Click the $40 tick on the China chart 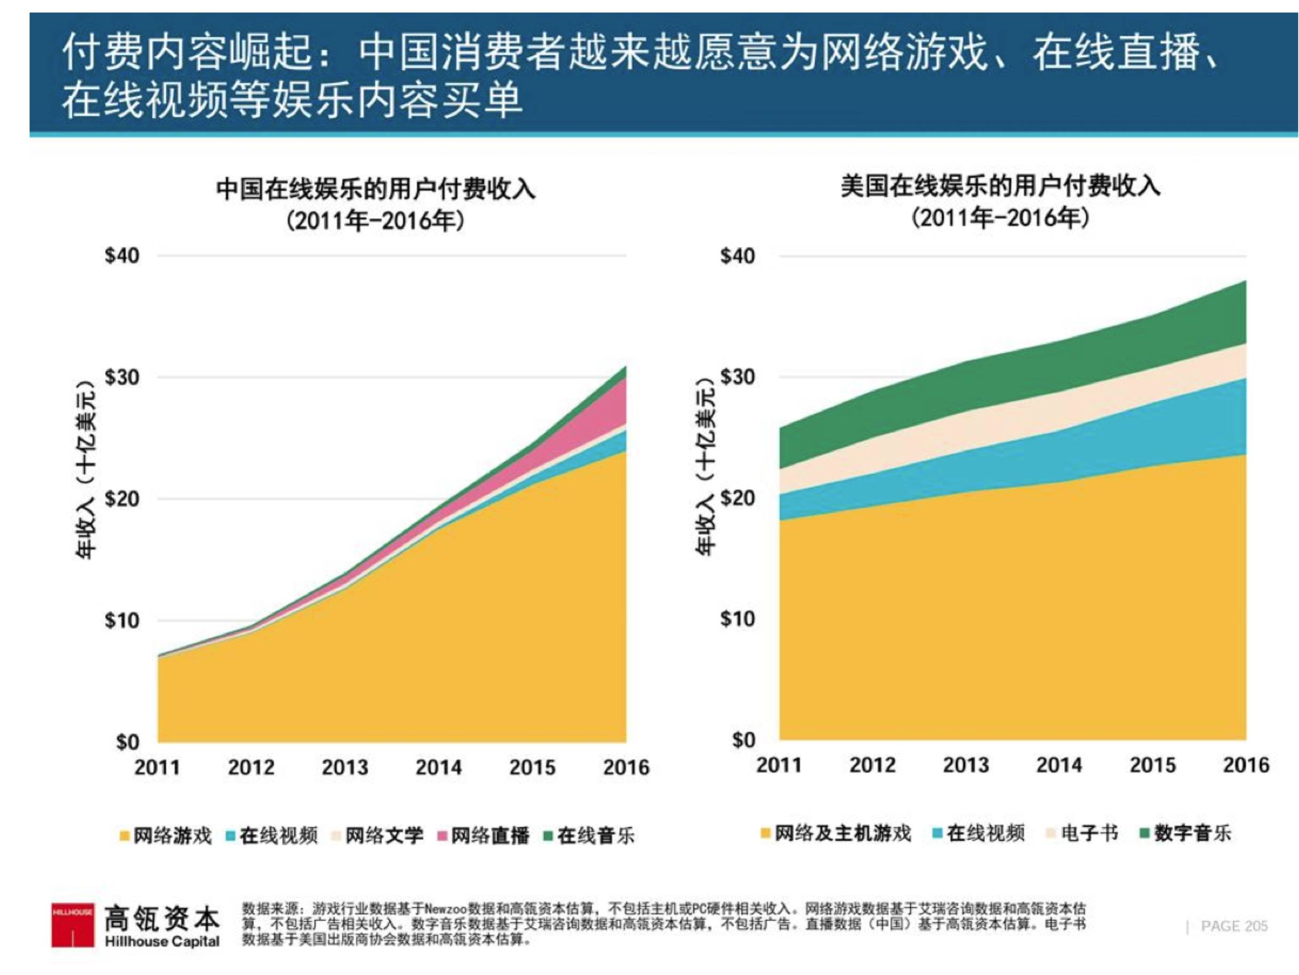(x=122, y=255)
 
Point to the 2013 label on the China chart (x=344, y=767)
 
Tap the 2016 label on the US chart (x=1246, y=765)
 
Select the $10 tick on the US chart (x=738, y=619)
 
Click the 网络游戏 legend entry (x=166, y=835)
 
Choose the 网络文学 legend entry (x=378, y=835)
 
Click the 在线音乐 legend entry (x=590, y=835)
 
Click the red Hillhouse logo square (x=72, y=924)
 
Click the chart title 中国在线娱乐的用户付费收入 (x=376, y=189)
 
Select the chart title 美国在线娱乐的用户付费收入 (x=1000, y=187)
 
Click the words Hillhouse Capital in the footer (x=162, y=941)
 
